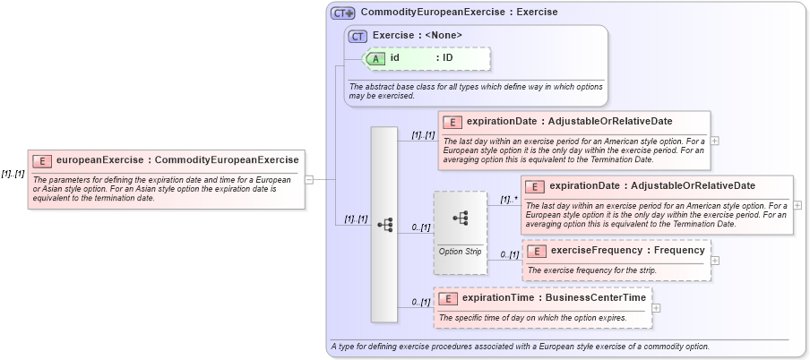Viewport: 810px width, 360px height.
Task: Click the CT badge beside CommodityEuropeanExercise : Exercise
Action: tap(343, 13)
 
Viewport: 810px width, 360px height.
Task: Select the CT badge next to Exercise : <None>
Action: tap(358, 36)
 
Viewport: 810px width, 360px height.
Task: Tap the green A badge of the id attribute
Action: tap(377, 58)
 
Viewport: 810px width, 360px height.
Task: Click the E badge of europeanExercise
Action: tap(42, 161)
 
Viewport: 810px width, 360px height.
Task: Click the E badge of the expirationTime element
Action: tap(447, 298)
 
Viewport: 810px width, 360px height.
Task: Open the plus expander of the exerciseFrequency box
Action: tap(715, 261)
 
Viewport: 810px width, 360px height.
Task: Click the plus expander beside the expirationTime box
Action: tap(656, 308)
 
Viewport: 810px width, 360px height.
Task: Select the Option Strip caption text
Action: tap(460, 252)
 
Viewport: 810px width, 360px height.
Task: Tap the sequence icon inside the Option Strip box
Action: tap(461, 218)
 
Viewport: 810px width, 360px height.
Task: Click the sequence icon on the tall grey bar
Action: tap(384, 225)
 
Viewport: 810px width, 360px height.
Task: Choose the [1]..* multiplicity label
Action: tap(509, 200)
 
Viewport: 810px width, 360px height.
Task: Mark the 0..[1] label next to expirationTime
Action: tap(421, 303)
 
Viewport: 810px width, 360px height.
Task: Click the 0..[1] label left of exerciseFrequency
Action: tap(510, 255)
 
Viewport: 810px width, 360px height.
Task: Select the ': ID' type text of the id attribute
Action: tap(444, 58)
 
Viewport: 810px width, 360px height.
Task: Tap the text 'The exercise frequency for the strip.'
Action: tap(592, 270)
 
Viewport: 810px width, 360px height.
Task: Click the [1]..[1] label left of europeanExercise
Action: tap(13, 174)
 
